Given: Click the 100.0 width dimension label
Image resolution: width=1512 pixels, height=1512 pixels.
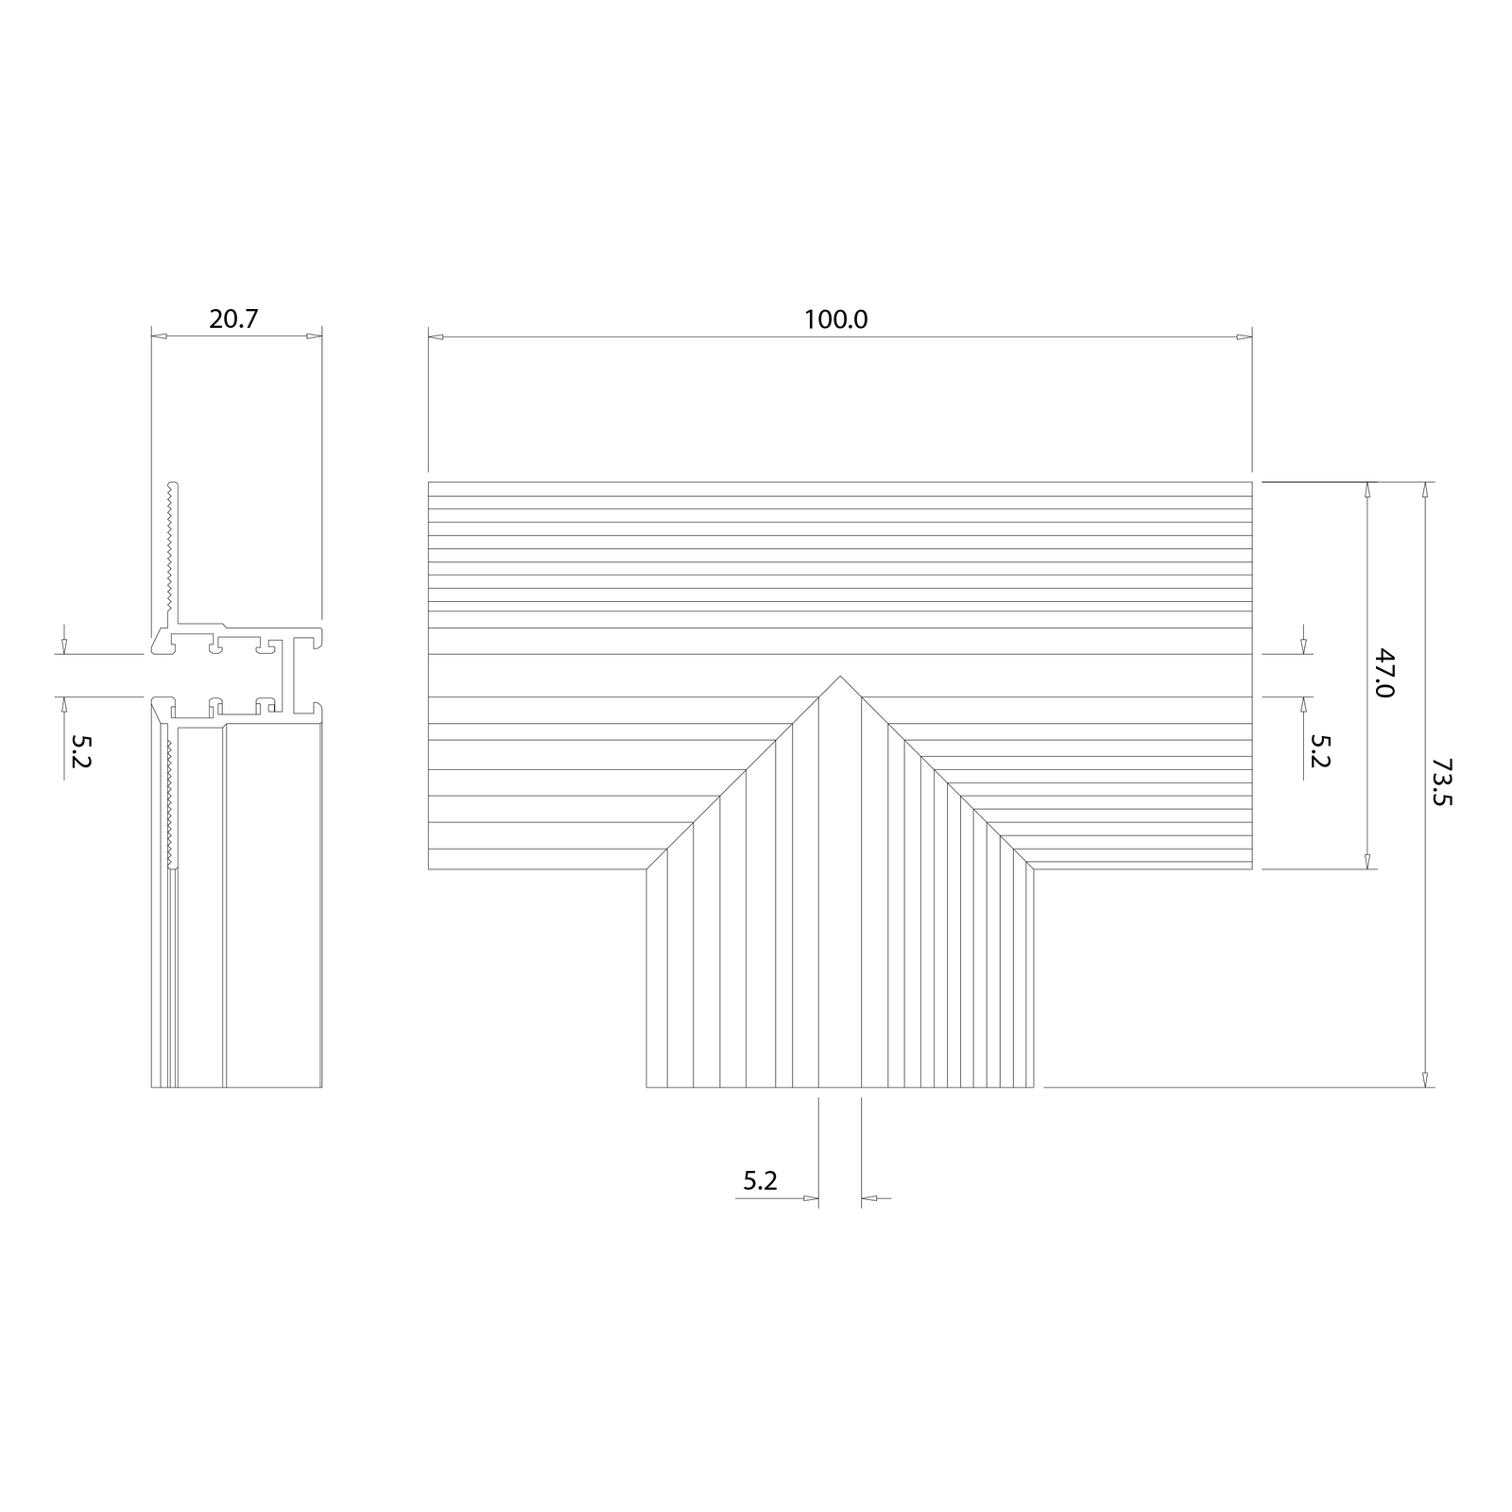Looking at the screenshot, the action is [835, 319].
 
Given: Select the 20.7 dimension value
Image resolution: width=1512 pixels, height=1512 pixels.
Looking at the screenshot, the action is [233, 319].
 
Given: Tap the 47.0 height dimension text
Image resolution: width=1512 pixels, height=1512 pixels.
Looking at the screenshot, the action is [1383, 673].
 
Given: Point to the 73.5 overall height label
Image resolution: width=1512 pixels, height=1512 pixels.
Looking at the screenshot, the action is [1442, 782].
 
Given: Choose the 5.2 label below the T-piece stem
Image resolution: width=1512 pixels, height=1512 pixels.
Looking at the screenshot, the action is [760, 1180].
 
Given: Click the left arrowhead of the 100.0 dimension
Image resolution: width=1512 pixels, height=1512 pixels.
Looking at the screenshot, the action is [436, 335].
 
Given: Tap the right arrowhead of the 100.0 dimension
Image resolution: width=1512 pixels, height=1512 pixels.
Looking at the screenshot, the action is [1245, 335].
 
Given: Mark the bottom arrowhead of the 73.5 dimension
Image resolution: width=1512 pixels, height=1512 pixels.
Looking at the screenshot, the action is [1426, 1079].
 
